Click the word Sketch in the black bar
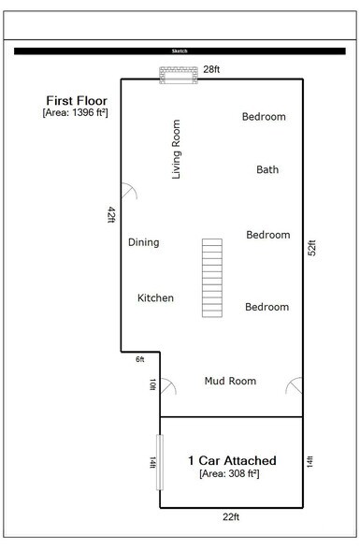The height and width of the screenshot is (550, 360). click(180, 51)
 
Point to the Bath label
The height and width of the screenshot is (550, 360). click(267, 169)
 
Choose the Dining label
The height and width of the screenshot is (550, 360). click(143, 242)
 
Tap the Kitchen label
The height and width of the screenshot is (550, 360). click(155, 298)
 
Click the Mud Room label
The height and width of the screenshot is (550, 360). click(230, 381)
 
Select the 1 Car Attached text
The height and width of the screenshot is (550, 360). click(232, 460)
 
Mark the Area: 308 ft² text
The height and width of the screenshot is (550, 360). click(229, 474)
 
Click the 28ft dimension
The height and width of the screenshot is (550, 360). click(211, 69)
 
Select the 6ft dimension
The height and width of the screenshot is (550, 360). click(140, 360)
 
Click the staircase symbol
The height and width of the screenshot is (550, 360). click(212, 279)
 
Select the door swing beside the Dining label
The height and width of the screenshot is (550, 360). click(128, 191)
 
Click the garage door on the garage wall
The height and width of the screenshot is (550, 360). click(160, 460)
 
